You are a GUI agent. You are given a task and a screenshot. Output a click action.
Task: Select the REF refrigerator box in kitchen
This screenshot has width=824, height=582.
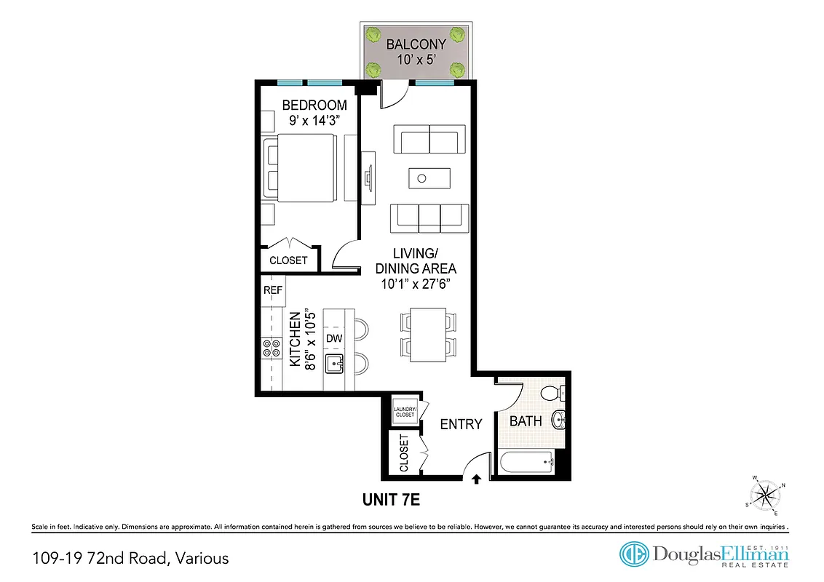click(273, 290)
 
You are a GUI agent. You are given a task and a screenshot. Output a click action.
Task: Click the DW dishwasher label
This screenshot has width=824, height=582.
click(334, 339)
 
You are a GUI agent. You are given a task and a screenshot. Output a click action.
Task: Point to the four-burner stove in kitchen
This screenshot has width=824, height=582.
click(272, 348)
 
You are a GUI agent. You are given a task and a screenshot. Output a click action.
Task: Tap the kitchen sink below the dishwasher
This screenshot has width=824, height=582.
click(335, 364)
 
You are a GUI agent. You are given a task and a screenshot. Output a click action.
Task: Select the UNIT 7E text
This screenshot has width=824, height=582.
click(392, 500)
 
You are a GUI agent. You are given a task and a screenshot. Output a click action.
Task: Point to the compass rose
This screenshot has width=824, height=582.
click(765, 497)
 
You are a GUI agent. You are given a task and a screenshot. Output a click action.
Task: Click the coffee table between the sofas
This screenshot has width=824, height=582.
click(429, 177)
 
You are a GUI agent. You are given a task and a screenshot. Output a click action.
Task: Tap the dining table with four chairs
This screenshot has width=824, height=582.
click(428, 332)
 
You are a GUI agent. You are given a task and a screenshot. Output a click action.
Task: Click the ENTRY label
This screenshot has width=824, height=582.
click(461, 423)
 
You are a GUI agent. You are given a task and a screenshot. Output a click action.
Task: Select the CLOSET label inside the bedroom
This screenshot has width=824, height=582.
click(289, 260)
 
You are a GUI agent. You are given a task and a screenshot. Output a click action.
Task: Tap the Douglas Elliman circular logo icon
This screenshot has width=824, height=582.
click(633, 554)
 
